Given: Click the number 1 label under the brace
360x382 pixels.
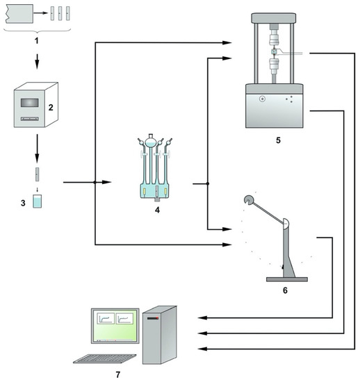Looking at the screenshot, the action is click(x=37, y=40).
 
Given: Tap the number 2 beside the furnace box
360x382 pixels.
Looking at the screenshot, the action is click(x=51, y=108).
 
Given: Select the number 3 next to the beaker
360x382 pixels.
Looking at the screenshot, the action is click(x=23, y=204).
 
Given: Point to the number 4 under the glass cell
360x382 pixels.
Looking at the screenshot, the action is click(x=158, y=210).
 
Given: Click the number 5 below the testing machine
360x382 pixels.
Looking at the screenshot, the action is click(x=278, y=140).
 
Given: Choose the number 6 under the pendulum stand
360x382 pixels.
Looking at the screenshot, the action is click(x=285, y=290).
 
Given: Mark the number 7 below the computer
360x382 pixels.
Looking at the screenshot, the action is click(x=118, y=374).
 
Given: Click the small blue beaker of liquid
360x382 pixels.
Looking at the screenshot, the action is click(x=38, y=201).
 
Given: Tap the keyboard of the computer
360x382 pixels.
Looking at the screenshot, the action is click(x=105, y=359).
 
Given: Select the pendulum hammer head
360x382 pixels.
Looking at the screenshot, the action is click(x=249, y=200).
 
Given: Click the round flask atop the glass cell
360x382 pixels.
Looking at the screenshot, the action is click(x=150, y=142).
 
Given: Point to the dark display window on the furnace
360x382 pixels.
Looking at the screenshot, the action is click(x=29, y=103).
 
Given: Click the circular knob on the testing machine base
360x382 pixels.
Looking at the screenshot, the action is click(x=262, y=99).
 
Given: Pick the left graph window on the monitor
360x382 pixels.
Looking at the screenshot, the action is click(x=106, y=318).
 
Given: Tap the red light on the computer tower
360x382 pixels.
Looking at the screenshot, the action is click(x=158, y=318).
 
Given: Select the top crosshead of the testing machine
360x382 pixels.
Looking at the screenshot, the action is click(x=274, y=18).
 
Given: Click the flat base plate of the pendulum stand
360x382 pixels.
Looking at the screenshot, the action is click(x=287, y=279).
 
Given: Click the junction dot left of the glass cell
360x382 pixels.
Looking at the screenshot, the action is click(x=95, y=182).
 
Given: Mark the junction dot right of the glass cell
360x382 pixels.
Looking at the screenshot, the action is click(x=208, y=183).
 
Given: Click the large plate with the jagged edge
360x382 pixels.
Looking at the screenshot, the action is click(x=19, y=14).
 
